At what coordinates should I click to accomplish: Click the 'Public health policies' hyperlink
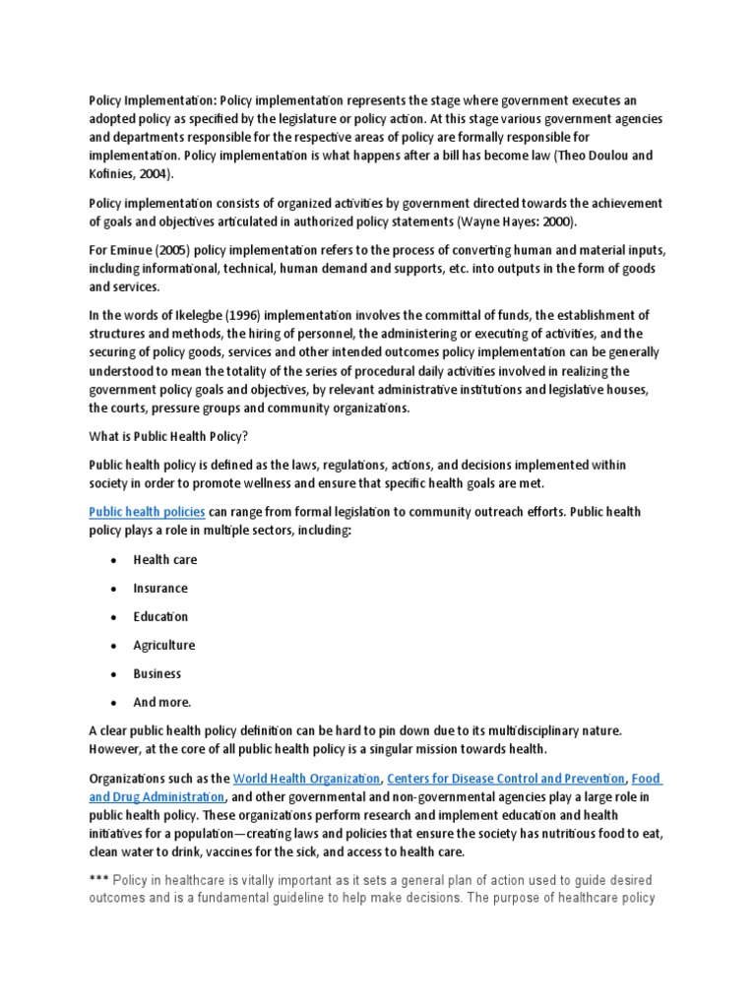(x=147, y=512)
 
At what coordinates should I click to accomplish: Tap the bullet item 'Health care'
(x=165, y=560)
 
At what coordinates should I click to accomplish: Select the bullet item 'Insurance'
(x=160, y=589)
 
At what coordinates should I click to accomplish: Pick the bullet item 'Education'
(x=160, y=617)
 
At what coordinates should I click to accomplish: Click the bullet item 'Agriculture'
(x=164, y=646)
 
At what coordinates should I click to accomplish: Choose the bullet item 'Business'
(x=157, y=674)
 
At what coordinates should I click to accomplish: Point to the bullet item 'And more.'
(x=162, y=703)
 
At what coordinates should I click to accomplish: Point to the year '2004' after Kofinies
(x=154, y=174)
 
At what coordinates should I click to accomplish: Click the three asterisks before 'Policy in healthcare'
(x=98, y=880)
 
